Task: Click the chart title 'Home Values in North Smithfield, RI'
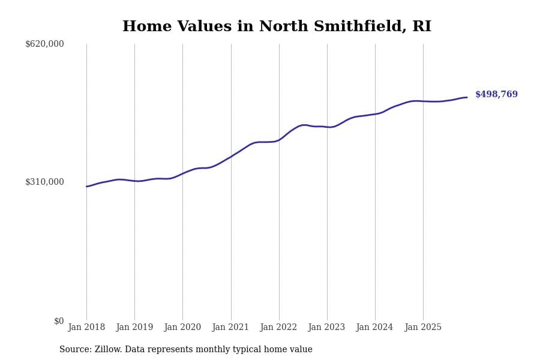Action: tap(277, 27)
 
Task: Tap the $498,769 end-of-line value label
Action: tap(496, 95)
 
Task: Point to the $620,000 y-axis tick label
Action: tap(44, 44)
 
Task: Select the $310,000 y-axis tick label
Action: tap(44, 182)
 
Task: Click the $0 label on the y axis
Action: tap(58, 321)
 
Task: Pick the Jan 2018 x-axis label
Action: tap(86, 328)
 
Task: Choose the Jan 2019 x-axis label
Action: tap(134, 328)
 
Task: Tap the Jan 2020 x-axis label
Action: tap(182, 328)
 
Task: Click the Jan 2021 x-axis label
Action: tap(230, 328)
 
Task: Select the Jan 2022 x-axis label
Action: tap(278, 328)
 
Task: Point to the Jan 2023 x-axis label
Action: tap(326, 328)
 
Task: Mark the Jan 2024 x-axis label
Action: tap(374, 328)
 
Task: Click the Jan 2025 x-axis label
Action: tap(423, 328)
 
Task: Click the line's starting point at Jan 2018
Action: tap(86, 187)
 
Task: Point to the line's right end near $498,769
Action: tap(467, 97)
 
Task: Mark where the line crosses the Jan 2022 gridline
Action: tap(279, 140)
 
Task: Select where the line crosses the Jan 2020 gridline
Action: tap(182, 173)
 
